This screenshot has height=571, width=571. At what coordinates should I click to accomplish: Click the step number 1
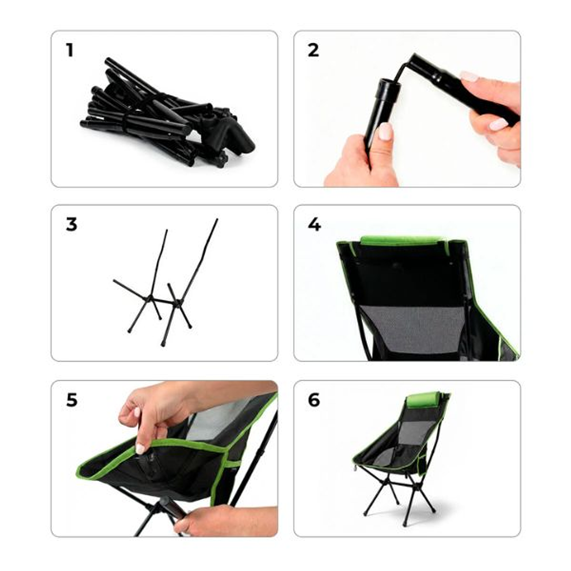coord(69,50)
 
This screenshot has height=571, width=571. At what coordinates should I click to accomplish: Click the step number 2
coord(313,50)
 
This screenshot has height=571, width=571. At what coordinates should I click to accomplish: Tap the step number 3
coord(71,224)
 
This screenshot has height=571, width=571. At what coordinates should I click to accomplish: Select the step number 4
coord(314,224)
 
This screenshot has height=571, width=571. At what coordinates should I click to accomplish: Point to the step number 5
coord(71,400)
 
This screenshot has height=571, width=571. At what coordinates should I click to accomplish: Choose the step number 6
coord(314,400)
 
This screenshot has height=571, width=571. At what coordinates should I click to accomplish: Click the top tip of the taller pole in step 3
coord(216,220)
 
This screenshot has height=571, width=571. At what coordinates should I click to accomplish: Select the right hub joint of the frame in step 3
coord(178,303)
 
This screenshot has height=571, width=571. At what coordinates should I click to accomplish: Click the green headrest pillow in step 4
coord(402,241)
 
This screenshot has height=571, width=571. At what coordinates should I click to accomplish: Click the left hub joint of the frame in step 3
coord(150,298)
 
